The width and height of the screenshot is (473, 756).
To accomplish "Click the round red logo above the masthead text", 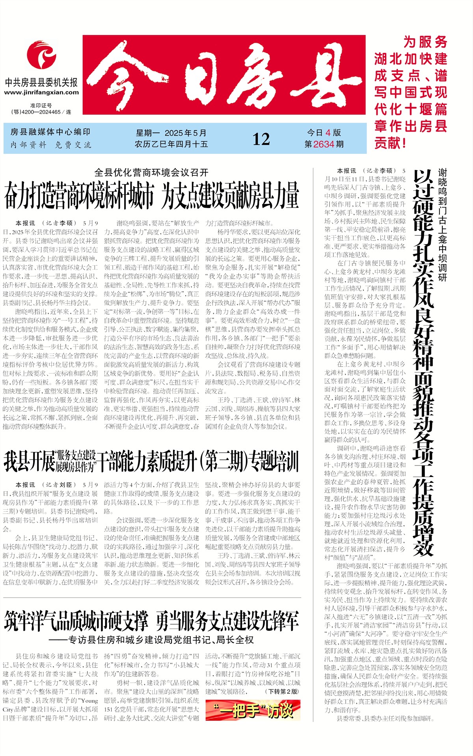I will click(41, 56).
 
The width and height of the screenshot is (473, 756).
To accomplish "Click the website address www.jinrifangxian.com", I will click(41, 92).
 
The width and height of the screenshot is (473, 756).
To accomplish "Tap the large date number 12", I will click(261, 139).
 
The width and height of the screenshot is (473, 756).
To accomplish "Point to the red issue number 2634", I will click(324, 144).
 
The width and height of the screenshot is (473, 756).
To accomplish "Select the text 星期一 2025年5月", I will click(171, 133).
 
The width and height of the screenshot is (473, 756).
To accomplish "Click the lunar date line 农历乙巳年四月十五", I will click(171, 144).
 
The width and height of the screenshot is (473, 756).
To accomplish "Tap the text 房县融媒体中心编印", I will click(50, 132).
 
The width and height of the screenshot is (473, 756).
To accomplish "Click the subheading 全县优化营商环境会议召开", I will click(151, 173).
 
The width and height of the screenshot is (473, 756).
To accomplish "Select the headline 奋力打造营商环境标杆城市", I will click(78, 196).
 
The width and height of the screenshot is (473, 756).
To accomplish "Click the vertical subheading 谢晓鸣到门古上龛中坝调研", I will click(442, 225).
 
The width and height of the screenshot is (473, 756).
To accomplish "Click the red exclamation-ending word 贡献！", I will click(390, 143).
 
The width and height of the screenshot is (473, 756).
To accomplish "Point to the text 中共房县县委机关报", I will click(41, 82).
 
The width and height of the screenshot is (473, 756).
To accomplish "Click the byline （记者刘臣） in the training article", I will click(59, 485).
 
